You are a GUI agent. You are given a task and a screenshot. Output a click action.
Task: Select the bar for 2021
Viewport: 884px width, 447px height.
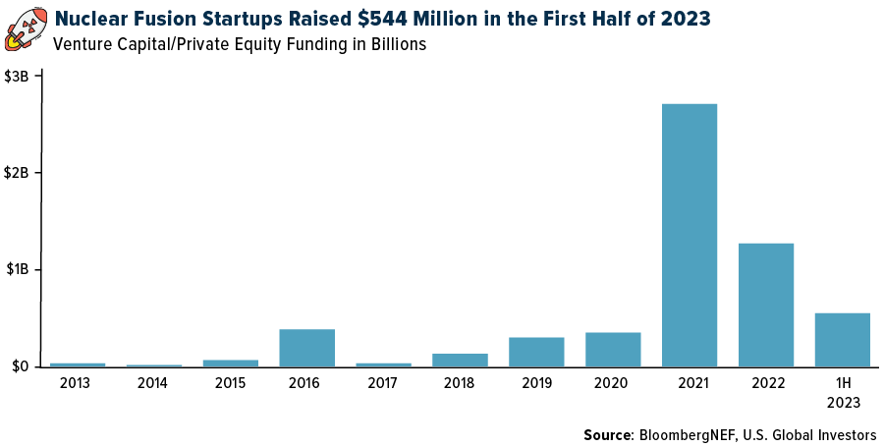(689, 236)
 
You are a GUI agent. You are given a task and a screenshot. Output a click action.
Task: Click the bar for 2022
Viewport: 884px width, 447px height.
(765, 306)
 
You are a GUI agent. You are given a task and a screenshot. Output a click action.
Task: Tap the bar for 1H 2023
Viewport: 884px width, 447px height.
(842, 340)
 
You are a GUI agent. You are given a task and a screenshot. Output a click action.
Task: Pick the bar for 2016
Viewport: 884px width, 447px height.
(306, 348)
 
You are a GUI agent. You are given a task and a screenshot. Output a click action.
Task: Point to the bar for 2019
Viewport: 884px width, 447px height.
(536, 352)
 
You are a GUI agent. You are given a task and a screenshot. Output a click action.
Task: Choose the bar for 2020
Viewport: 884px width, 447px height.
(613, 350)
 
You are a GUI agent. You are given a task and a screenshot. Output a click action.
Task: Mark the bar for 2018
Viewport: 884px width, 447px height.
(460, 360)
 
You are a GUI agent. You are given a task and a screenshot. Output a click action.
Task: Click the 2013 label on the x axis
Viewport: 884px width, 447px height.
(76, 383)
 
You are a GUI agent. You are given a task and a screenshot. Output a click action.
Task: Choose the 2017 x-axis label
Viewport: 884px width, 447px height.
(383, 383)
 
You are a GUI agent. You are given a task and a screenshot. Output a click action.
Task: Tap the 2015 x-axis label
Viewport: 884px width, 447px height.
(229, 383)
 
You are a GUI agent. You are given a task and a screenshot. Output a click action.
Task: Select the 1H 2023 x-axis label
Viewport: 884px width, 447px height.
(843, 392)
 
